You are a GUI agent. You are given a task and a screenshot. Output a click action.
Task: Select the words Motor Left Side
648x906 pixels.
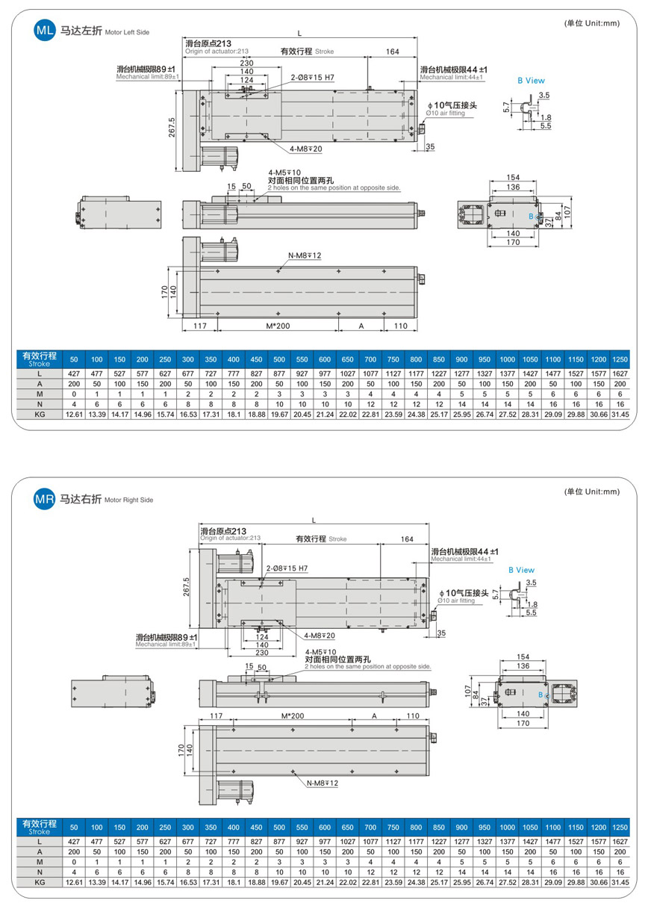click(x=127, y=34)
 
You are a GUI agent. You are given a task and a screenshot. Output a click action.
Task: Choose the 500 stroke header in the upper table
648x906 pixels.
click(x=279, y=359)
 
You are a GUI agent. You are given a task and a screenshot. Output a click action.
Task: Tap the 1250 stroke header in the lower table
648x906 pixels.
click(x=620, y=827)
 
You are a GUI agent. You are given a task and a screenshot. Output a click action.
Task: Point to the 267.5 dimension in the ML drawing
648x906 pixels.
click(x=172, y=128)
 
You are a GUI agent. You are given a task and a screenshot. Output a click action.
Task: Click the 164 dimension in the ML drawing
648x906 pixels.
click(x=393, y=52)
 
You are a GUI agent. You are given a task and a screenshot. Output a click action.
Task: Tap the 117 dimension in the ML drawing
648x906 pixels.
click(x=199, y=326)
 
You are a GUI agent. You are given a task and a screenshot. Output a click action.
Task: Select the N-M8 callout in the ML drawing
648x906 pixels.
click(x=305, y=255)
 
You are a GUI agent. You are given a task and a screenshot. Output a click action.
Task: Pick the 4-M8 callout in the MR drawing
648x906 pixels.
click(x=320, y=636)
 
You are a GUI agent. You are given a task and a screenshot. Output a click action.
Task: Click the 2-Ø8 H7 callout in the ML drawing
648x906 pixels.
click(x=312, y=77)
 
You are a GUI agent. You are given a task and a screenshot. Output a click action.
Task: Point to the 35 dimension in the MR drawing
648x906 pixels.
click(x=440, y=633)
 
